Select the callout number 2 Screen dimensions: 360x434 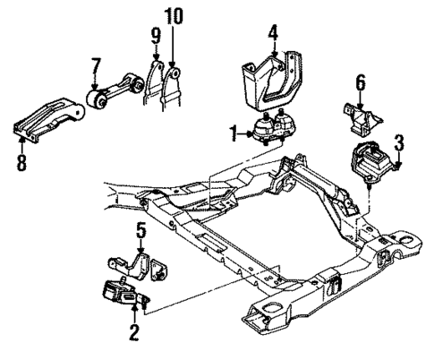click(134, 334)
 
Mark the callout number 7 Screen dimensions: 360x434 click(95, 66)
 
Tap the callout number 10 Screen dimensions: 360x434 click(172, 16)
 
